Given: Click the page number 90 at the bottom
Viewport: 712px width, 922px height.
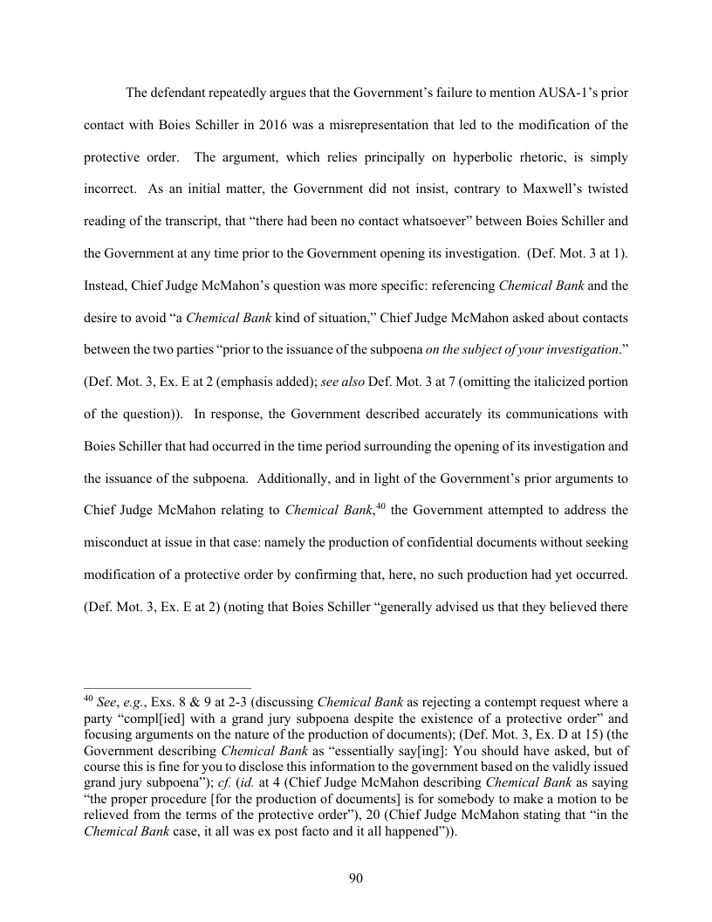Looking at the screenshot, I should pos(355,878).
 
